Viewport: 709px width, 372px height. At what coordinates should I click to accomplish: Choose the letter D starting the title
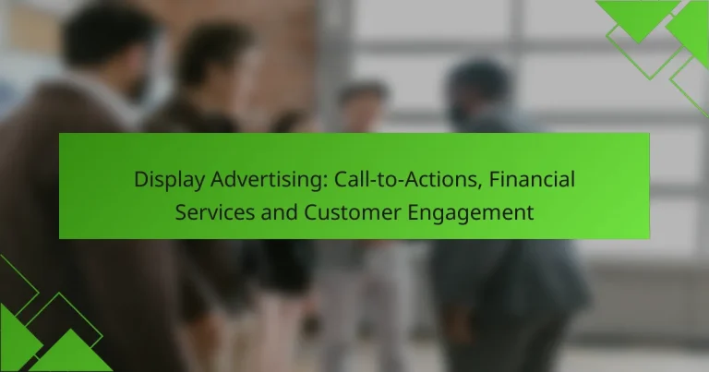141,179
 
